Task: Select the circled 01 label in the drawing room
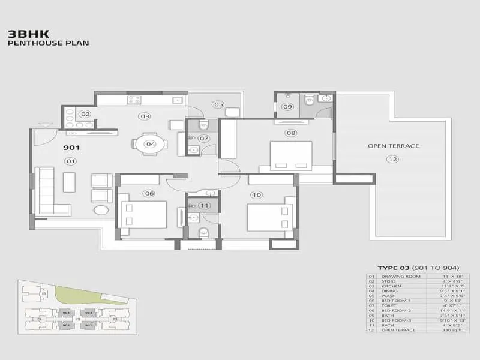[71, 161]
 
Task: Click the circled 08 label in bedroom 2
[291, 133]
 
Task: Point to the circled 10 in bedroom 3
[257, 194]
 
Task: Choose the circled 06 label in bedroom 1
[149, 193]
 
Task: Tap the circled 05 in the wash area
[217, 104]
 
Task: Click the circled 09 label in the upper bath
[287, 107]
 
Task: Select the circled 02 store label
[85, 114]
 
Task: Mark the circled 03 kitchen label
[144, 116]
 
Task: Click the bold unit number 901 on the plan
[71, 147]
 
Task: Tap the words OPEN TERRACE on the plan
[393, 146]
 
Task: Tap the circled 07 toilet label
[204, 139]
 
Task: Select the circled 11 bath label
[205, 205]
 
